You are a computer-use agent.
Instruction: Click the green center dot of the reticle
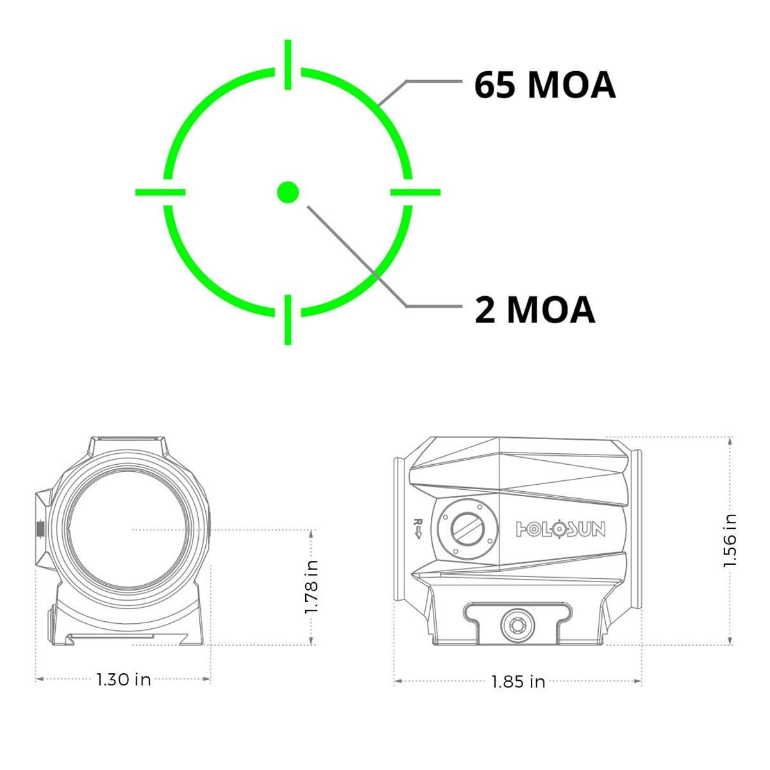288,192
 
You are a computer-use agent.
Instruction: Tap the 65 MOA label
544,85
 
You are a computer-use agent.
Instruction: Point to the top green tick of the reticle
288,64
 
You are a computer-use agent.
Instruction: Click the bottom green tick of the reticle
288,320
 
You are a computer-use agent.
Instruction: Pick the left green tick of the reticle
160,192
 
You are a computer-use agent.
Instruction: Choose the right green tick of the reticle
415,192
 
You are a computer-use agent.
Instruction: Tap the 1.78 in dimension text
310,587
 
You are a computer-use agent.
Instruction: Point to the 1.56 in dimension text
730,540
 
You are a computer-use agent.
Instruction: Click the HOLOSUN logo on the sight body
560,530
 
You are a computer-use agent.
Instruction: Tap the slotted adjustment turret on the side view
468,529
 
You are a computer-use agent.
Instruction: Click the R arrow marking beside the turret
418,529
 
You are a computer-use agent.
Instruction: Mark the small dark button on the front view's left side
40,529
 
